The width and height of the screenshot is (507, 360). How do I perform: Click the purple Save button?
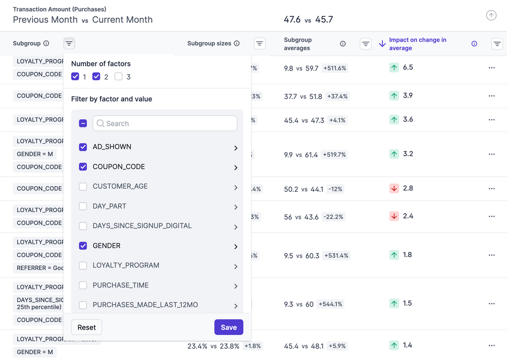(x=229, y=327)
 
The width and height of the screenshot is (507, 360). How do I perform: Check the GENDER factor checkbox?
(x=83, y=246)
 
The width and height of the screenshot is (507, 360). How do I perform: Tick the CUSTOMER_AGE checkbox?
(x=83, y=186)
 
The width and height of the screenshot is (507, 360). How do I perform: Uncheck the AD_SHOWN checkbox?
(x=83, y=147)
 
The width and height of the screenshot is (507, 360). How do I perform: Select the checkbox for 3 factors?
(x=118, y=77)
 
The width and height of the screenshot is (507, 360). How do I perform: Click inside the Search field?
(x=165, y=123)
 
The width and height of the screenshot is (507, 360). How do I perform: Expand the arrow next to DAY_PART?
(x=236, y=207)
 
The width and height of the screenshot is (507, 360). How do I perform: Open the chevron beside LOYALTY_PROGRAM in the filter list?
(x=236, y=266)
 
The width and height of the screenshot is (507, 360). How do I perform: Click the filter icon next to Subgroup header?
(x=69, y=44)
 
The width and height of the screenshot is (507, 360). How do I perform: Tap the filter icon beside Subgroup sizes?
(x=259, y=44)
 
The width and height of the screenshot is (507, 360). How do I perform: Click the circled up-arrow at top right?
(x=491, y=15)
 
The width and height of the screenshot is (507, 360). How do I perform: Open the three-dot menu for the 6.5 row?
(x=491, y=68)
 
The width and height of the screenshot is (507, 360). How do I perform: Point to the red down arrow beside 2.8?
(x=394, y=188)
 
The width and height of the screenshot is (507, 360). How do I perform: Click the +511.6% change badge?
(x=335, y=68)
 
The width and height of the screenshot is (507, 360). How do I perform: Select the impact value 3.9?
(x=407, y=96)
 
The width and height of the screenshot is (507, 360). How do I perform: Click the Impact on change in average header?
(x=417, y=44)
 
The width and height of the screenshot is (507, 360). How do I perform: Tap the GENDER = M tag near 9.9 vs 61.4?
(x=35, y=154)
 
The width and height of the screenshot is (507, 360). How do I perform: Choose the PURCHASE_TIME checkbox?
(x=83, y=285)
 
